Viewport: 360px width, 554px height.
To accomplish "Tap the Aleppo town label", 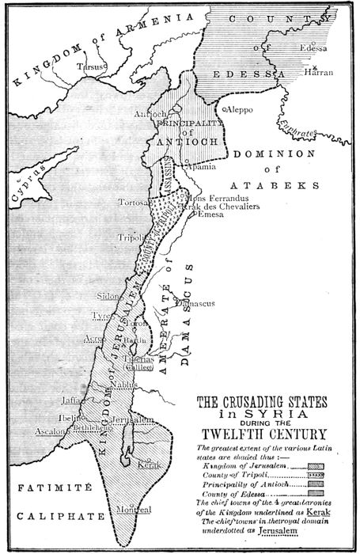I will [x=244, y=111].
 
